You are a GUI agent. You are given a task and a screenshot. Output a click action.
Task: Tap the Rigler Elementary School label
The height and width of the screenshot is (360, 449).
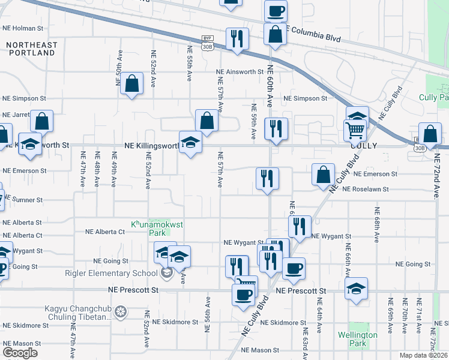click(112, 274)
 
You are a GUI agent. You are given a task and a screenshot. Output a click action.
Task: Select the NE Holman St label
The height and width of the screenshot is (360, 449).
click(23, 28)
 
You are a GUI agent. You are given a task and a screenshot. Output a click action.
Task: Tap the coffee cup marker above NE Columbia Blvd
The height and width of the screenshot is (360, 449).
click(276, 10)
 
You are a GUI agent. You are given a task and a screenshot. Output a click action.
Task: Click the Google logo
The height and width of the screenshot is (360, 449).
click(20, 352)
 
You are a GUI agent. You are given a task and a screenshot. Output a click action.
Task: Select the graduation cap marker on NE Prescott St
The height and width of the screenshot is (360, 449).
click(356, 288)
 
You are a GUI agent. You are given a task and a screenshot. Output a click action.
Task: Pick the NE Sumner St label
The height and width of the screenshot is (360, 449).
click(22, 200)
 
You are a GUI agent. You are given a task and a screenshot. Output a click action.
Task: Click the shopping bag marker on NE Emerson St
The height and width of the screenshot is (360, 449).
click(323, 174)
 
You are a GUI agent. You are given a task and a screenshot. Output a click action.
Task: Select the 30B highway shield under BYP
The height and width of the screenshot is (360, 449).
click(207, 46)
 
